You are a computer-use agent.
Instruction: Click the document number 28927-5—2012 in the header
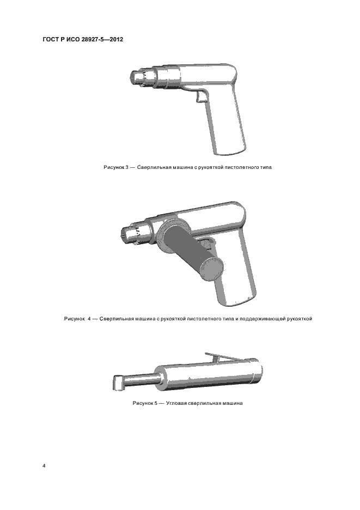tap(102, 40)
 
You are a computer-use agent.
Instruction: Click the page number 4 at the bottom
tap(44, 466)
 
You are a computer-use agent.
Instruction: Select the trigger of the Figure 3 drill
tap(200, 97)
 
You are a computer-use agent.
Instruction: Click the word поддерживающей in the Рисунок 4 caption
tap(263, 319)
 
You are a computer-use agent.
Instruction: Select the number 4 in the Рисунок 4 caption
tap(89, 319)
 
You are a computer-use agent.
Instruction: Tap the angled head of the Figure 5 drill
tap(119, 382)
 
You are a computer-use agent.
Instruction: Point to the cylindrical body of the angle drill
tap(208, 375)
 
